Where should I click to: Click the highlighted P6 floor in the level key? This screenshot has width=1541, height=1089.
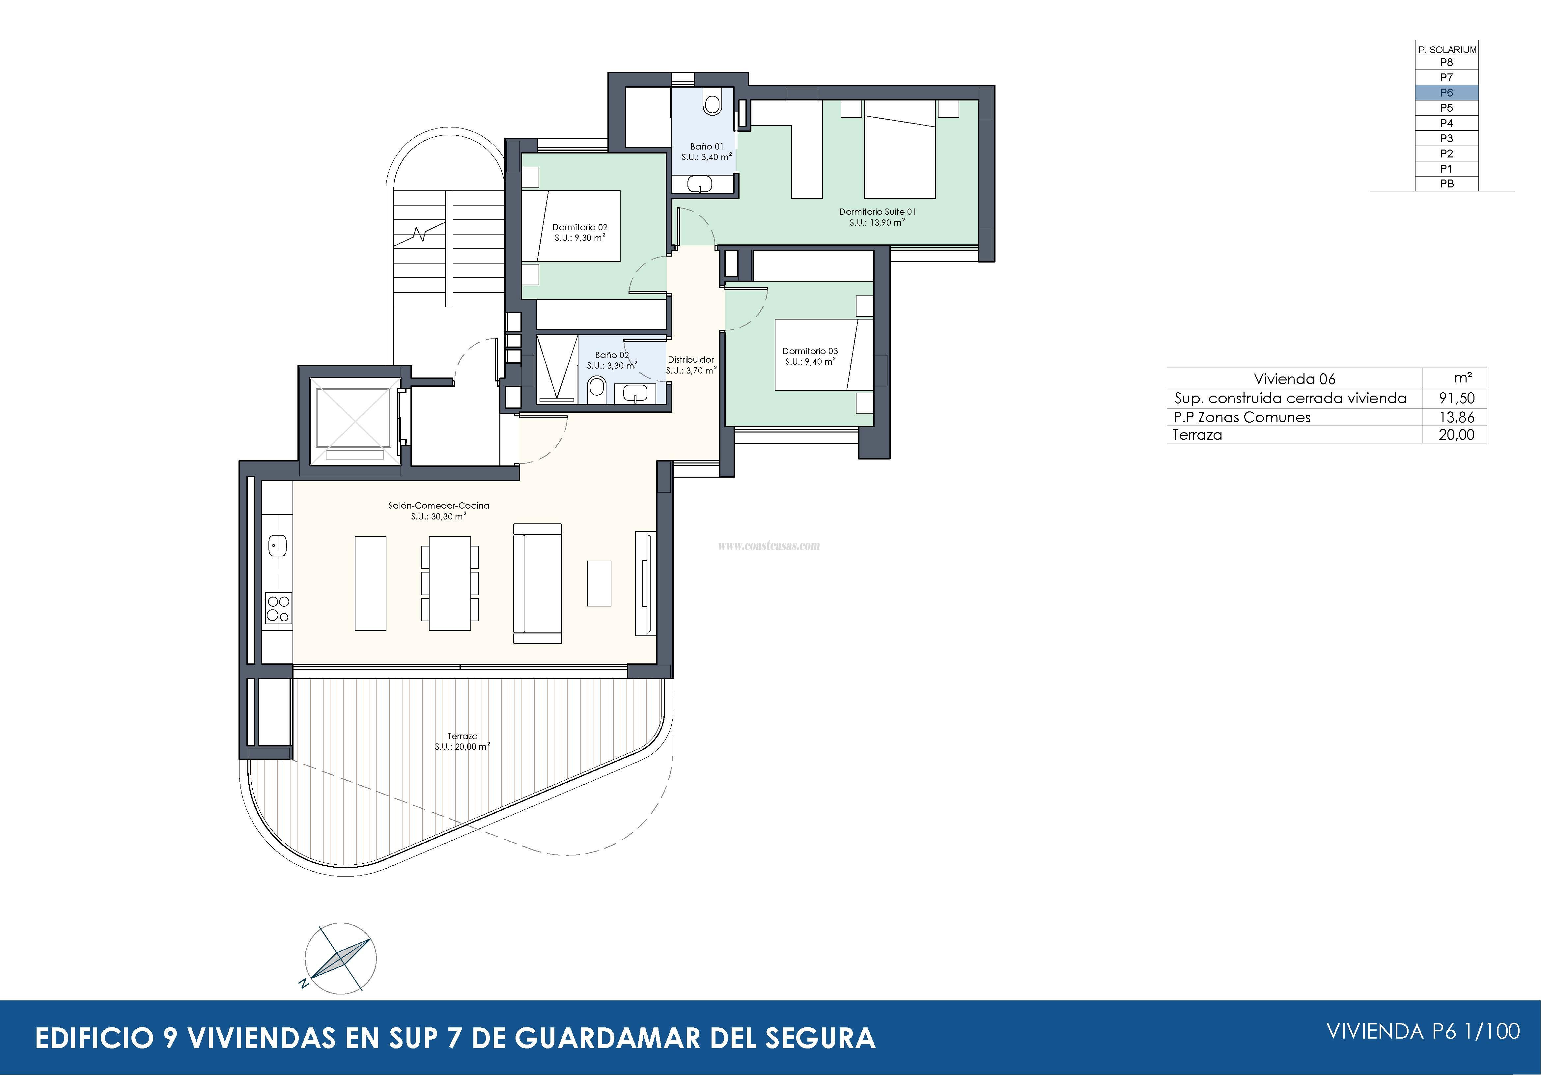(1446, 93)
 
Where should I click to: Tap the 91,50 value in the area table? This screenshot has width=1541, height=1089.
(1456, 398)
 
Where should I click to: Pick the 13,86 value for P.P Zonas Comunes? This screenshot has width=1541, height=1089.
(1456, 417)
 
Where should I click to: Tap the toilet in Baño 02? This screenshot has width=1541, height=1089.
(596, 387)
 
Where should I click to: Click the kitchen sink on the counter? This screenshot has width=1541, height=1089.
(277, 545)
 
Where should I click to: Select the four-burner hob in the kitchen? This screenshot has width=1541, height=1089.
(278, 608)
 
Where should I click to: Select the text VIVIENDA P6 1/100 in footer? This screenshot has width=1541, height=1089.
(1423, 1031)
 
